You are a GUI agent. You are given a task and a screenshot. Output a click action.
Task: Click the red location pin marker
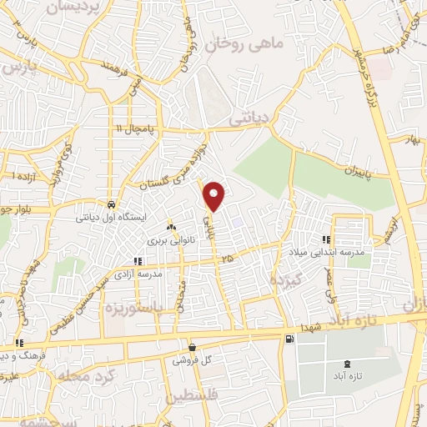(215, 196)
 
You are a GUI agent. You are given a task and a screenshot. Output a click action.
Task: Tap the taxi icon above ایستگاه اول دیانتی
(111, 204)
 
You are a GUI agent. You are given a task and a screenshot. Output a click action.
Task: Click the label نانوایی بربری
(170, 240)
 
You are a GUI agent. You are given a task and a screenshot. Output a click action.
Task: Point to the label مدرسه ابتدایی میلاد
(334, 250)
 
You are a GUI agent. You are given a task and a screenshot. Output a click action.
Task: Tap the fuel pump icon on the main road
(289, 339)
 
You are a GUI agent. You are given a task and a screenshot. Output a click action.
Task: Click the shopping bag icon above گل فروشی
(193, 347)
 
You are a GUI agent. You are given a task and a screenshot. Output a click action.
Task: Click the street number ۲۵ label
(228, 259)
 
